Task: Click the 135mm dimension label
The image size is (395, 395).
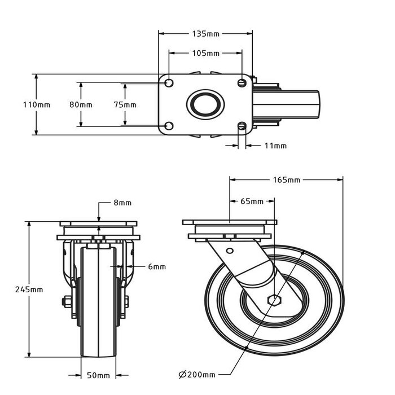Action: point(206,33)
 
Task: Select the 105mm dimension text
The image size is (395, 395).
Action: point(206,54)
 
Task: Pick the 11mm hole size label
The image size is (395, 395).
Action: point(275,146)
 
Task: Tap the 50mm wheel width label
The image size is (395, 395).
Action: point(99,375)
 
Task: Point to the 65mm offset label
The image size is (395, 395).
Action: point(252,201)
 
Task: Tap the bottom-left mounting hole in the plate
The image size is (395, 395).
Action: point(169,126)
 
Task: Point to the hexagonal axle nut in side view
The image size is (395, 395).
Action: point(275,300)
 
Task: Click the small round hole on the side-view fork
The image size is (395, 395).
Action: point(230,251)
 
